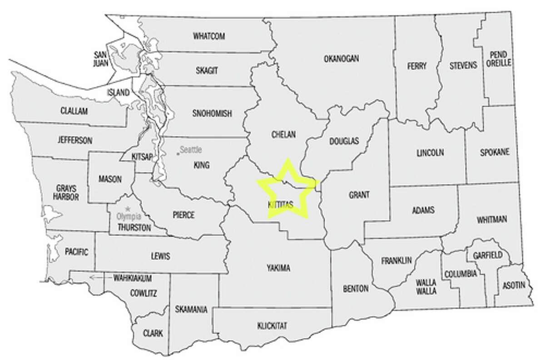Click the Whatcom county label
click(x=209, y=35)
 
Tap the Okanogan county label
click(x=342, y=58)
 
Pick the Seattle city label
click(x=191, y=149)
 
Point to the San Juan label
click(x=101, y=58)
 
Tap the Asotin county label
click(x=514, y=285)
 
